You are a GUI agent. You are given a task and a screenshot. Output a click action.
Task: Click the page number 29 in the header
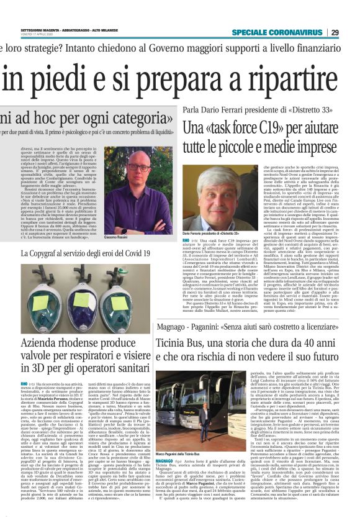pos(352,32)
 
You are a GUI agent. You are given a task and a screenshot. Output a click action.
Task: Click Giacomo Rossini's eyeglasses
pos(137,166)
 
